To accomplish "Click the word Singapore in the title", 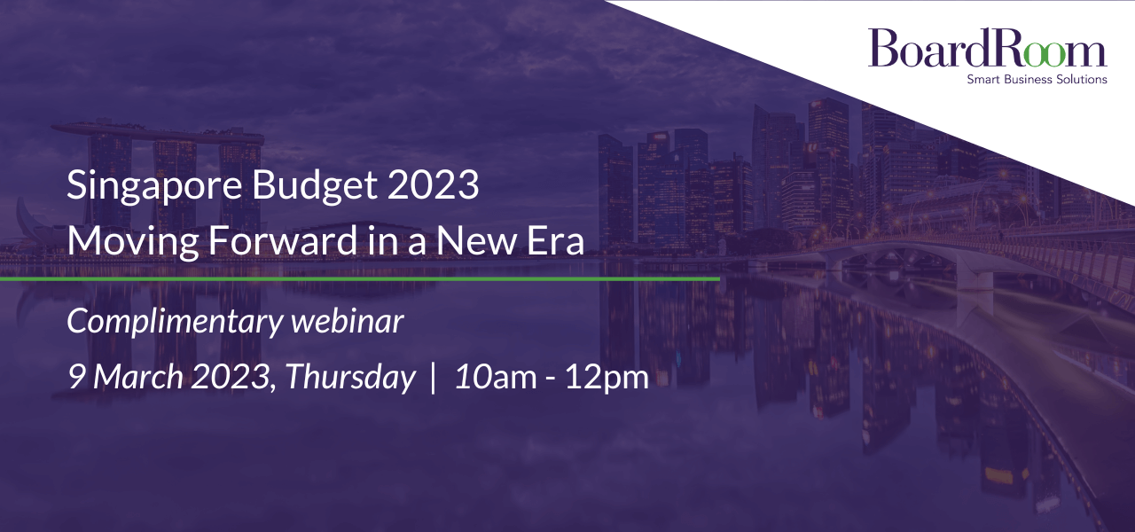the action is [154, 186].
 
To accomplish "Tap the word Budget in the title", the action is [315, 186].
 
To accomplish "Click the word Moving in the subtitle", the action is [133, 242].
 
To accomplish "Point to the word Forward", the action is [283, 240].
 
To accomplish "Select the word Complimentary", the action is [175, 322].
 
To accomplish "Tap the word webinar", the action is [347, 320].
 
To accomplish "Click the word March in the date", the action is [137, 377].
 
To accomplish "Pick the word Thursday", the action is [350, 378].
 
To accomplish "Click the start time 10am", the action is [496, 377].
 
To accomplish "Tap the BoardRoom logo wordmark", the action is [987, 48].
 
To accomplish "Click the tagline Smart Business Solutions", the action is [1037, 79].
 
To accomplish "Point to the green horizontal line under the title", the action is [360, 278].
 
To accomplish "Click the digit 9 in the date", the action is [76, 377].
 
